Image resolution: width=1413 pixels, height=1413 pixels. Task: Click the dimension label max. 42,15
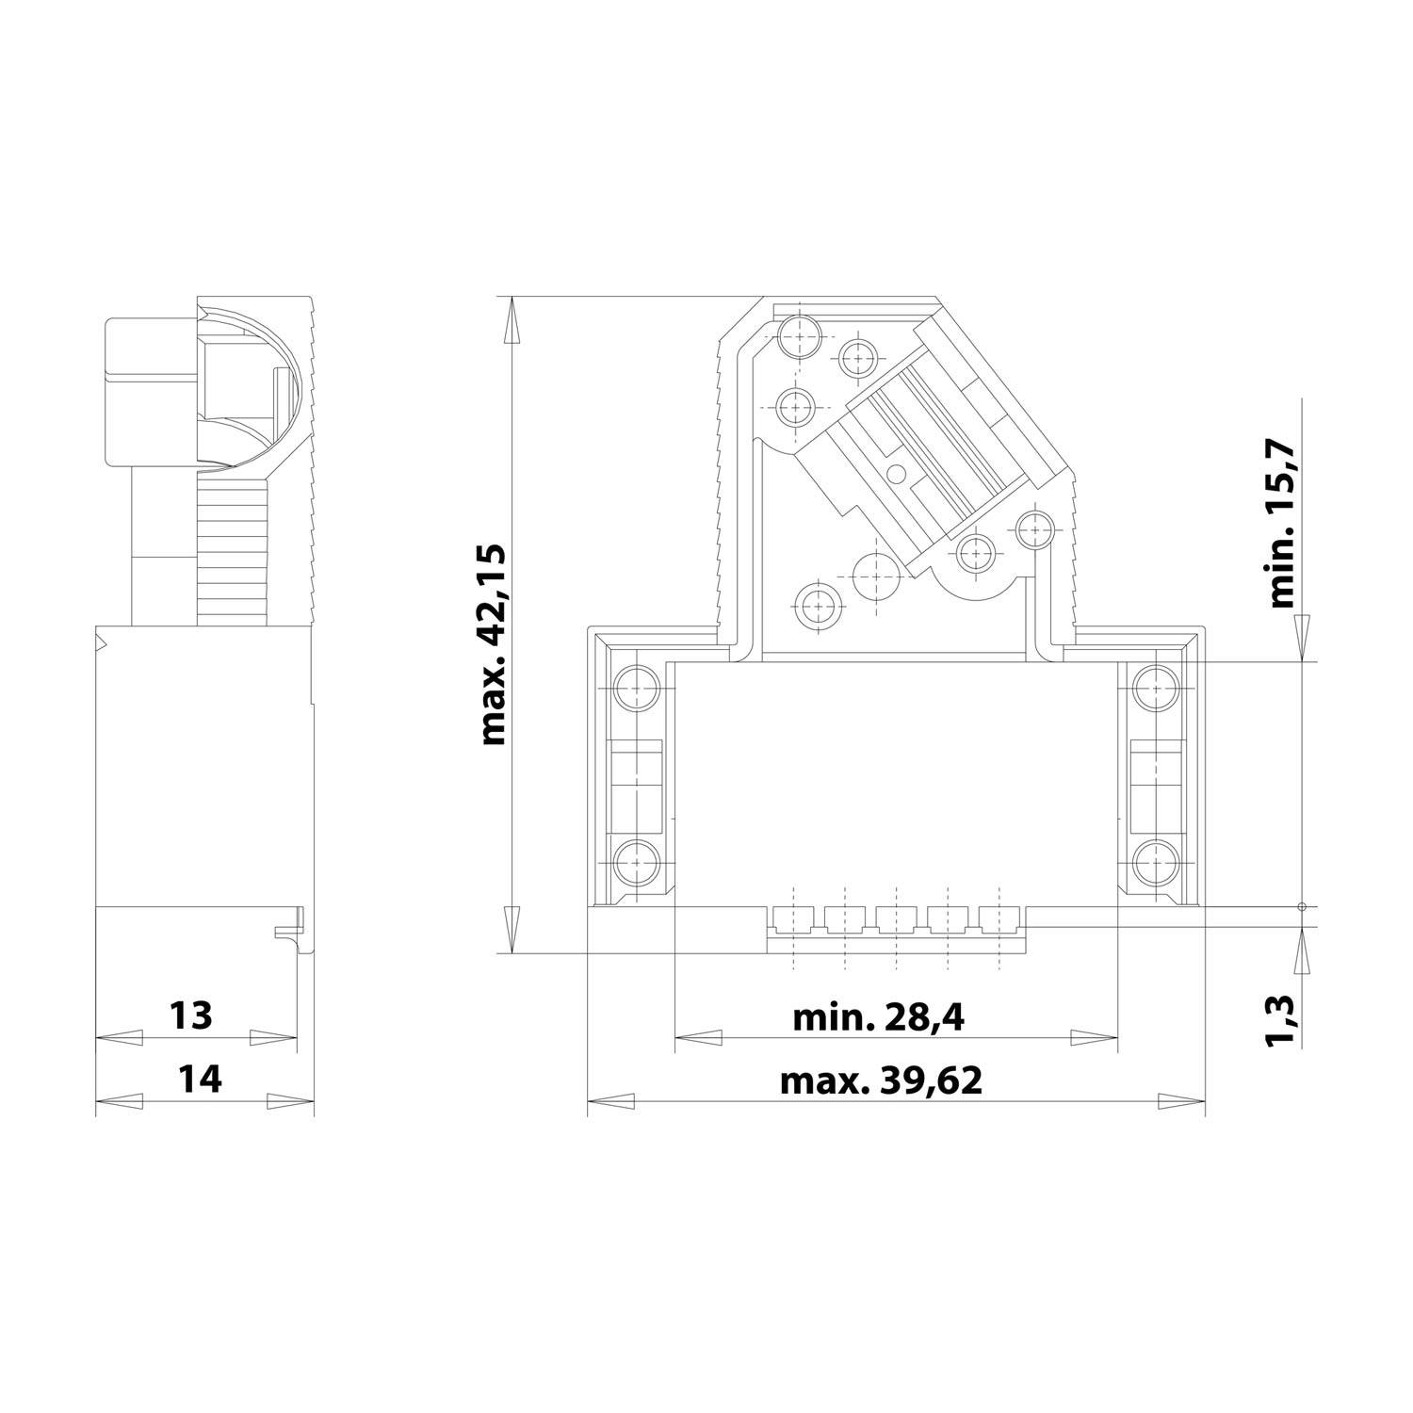(494, 644)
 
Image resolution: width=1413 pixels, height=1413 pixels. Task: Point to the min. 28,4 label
(878, 1018)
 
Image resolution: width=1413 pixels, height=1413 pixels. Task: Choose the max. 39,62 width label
(881, 1081)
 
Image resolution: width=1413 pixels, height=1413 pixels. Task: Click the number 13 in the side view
(191, 1015)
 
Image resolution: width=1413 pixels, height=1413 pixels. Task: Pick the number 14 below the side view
(200, 1080)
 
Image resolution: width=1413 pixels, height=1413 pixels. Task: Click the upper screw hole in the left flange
(637, 688)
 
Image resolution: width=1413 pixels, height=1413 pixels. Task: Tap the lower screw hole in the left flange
(637, 860)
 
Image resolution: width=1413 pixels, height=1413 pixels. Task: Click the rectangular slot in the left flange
(637, 774)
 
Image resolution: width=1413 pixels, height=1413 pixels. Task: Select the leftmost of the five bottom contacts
(793, 918)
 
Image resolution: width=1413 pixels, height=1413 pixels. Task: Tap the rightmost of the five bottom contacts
(999, 918)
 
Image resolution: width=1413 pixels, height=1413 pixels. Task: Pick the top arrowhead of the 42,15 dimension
(512, 319)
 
